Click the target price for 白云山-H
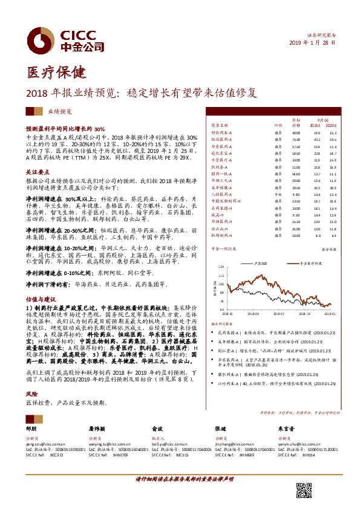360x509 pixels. (296, 229)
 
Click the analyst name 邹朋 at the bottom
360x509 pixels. (31, 427)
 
